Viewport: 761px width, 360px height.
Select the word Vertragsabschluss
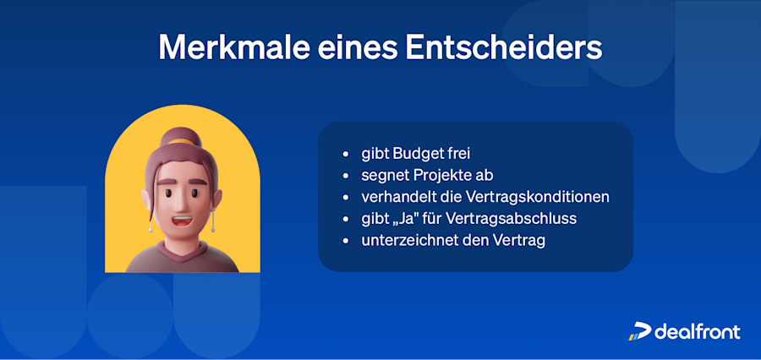[x=505, y=219]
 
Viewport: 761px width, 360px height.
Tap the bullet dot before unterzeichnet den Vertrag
[x=343, y=241]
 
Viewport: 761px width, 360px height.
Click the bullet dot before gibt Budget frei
[x=343, y=155]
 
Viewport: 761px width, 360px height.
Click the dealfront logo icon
[x=639, y=331]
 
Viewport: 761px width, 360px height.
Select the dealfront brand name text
[x=698, y=331]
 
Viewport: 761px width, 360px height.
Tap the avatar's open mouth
[x=183, y=223]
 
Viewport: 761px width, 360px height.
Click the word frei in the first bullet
[x=457, y=155]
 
